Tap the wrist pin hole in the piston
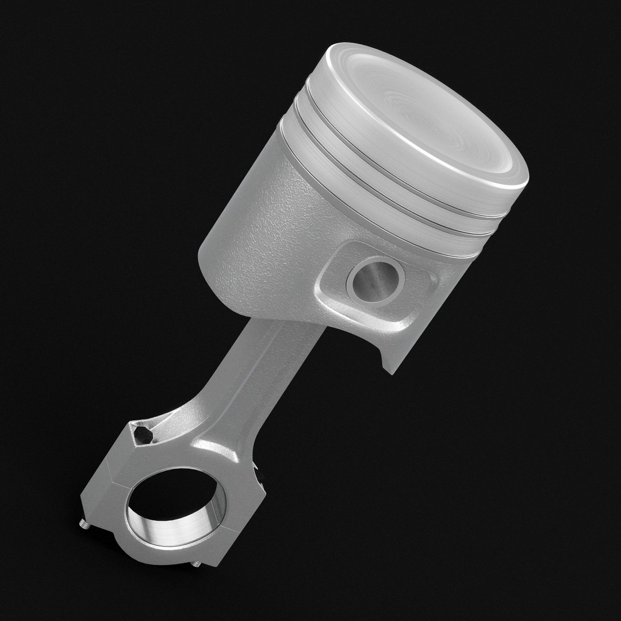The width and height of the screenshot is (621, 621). tap(375, 279)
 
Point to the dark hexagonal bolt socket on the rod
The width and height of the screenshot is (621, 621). tap(143, 434)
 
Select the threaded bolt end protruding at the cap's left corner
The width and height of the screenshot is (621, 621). tap(82, 524)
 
